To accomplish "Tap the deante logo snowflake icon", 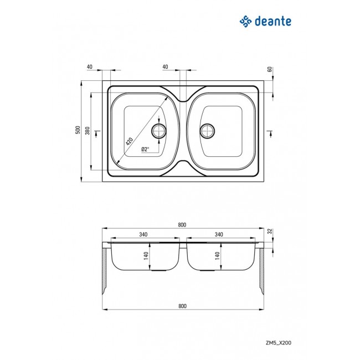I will click(245, 22).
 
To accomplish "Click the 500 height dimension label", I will click(77, 131).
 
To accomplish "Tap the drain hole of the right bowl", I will click(208, 131).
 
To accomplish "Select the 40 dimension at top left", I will click(90, 66).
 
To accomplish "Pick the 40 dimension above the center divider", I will click(165, 66).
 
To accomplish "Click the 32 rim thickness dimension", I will click(270, 231).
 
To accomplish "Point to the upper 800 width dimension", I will click(182, 224).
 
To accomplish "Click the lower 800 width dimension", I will click(182, 305).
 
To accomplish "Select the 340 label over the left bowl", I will click(144, 235).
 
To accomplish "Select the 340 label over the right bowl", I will click(219, 235).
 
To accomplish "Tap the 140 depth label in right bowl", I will click(218, 256).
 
